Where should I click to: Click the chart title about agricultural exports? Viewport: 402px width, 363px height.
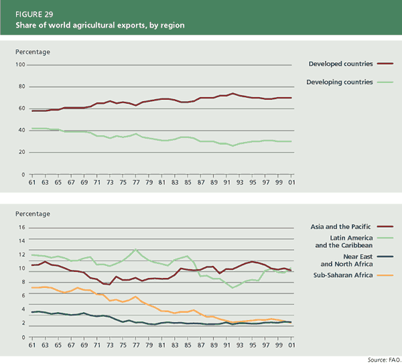(x=100, y=25)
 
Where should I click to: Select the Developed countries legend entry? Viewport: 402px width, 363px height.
(x=340, y=64)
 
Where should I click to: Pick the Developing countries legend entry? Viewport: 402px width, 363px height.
(x=339, y=82)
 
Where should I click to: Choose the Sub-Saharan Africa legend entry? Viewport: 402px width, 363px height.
(x=342, y=275)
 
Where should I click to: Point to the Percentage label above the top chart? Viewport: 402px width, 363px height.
(x=33, y=52)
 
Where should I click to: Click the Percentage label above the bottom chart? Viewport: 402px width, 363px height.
(x=33, y=214)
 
